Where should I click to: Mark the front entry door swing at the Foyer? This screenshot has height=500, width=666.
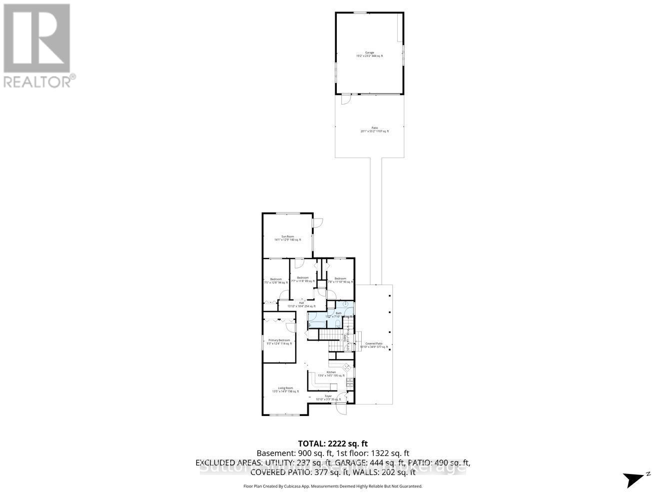[342, 408]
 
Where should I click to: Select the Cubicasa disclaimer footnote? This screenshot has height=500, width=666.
[333, 486]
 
